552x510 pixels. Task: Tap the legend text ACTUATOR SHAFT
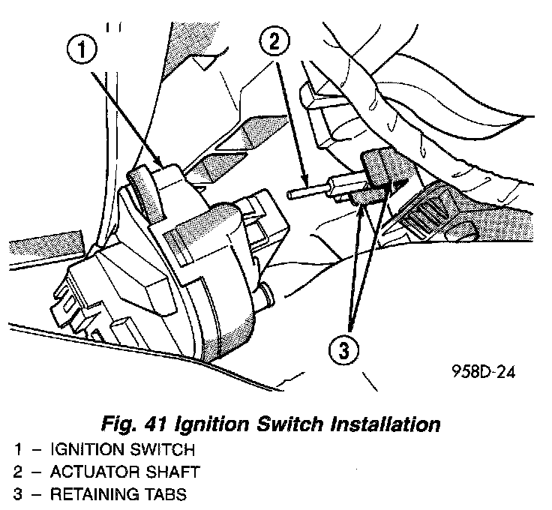pos(124,472)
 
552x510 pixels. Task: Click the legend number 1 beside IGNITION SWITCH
pos(17,451)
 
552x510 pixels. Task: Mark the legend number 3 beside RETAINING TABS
pos(17,494)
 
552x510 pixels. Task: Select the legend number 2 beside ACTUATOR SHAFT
pos(17,472)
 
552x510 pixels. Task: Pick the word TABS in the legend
pos(161,494)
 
